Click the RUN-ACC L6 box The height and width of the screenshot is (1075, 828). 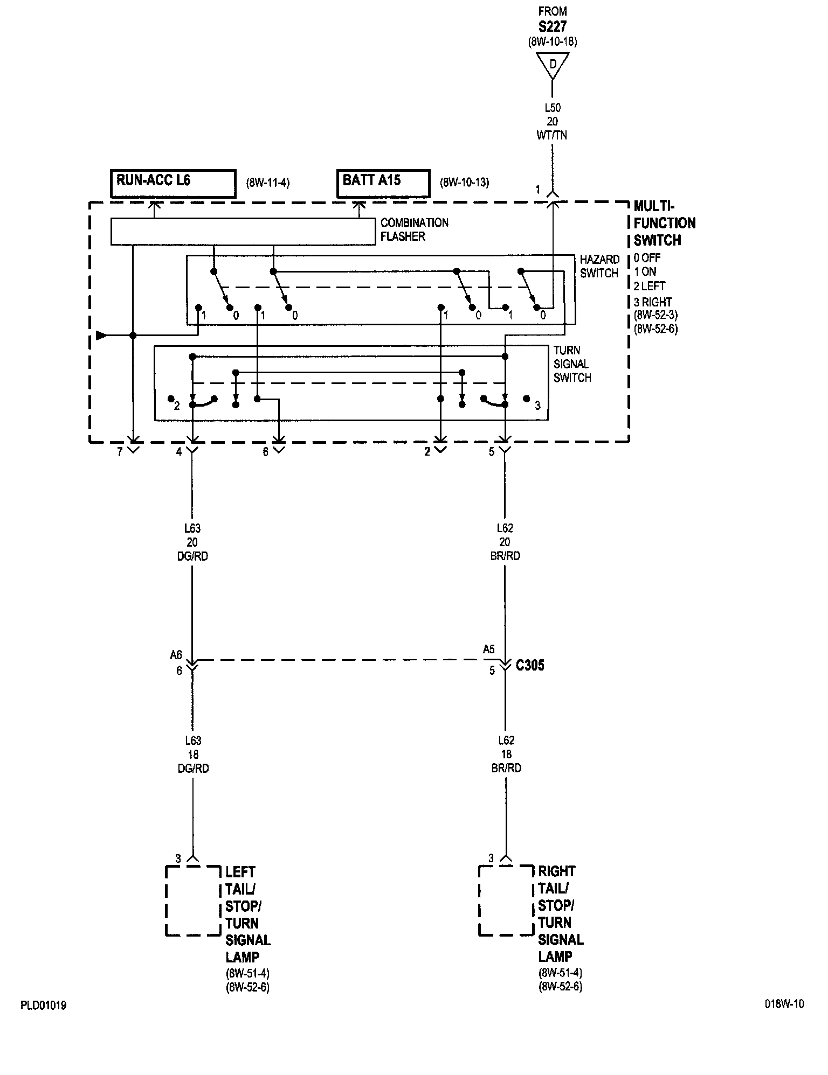coord(173,184)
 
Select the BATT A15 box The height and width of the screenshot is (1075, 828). coord(383,184)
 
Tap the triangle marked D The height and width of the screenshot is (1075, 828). coord(553,65)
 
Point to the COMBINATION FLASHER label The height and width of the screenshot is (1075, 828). coord(414,229)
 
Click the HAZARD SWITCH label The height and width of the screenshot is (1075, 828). coord(599,267)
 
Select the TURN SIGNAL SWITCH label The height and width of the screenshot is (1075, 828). coord(572,364)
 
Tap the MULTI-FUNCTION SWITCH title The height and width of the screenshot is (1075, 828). coord(664,223)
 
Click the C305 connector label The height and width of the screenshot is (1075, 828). coord(530,666)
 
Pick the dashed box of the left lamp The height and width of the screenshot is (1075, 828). coord(192,901)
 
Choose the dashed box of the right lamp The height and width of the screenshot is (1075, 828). coord(506,901)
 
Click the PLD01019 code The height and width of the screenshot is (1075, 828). coord(44,1006)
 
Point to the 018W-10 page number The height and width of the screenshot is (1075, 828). coord(784,1004)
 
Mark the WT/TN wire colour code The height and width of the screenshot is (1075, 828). coord(552,136)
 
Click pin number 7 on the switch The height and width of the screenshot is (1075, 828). coord(120,452)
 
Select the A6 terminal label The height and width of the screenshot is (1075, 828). coord(176,655)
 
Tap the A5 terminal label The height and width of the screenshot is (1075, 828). coord(488,650)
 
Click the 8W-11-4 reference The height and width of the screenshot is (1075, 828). coord(268,183)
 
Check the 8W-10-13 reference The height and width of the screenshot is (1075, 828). coord(464,183)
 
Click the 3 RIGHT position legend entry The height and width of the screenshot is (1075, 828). coord(652,302)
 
